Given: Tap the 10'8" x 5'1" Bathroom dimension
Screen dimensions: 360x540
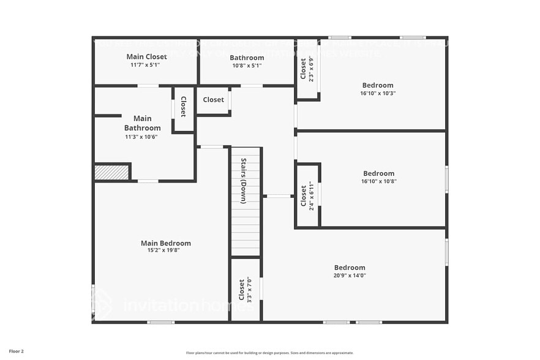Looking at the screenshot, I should pos(247,66).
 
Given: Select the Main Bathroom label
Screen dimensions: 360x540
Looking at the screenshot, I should pos(142,123).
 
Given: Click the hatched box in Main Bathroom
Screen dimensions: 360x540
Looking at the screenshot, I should pos(111,173).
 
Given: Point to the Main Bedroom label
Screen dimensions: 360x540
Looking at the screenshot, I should pos(165,243).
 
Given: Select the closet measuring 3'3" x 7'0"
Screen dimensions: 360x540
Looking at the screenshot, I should pos(245,290).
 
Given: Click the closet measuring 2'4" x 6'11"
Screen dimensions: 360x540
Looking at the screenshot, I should pos(307,195).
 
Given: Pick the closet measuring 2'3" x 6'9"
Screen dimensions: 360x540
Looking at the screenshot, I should pos(307,69).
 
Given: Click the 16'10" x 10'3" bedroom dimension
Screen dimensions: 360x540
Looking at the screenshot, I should pos(378,94).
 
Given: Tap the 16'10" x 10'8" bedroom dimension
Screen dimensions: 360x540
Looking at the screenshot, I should pos(378,181).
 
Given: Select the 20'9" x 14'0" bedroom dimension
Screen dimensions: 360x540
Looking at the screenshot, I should pos(350,276).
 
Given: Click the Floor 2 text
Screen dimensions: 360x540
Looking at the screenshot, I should pos(17,351).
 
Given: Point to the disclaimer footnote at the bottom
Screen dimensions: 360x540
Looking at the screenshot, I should pos(269,353).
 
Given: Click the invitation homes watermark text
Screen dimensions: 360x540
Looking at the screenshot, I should pos(184,304).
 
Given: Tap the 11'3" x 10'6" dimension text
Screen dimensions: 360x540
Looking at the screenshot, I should pos(142,137).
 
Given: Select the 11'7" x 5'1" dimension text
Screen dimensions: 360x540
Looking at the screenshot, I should pos(144,65).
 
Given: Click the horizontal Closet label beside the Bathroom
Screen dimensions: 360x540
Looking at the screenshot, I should pos(213,100).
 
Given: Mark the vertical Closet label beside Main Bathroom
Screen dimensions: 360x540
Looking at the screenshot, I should pos(183,107).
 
